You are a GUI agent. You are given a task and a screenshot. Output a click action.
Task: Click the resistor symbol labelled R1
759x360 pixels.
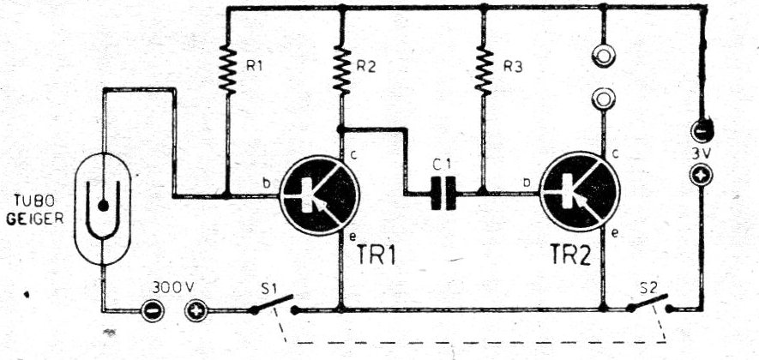coord(227,69)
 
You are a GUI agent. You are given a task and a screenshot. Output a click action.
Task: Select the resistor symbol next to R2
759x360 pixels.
coord(341,70)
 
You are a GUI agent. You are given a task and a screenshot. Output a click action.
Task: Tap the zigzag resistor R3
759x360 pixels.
coord(484,70)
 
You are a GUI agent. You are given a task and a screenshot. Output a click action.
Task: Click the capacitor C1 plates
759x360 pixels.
coord(443,194)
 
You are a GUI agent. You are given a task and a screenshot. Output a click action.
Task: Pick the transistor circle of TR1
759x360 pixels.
coord(320,195)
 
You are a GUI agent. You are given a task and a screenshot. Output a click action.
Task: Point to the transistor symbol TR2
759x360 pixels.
coord(580,191)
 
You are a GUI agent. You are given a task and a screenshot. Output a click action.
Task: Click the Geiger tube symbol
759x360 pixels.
coord(103,208)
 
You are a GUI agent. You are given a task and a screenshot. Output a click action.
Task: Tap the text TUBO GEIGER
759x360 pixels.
coord(35,209)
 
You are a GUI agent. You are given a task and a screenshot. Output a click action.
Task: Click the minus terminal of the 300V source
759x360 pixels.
coord(152,311)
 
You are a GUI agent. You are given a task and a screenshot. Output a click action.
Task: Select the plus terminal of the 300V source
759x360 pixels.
coord(196,311)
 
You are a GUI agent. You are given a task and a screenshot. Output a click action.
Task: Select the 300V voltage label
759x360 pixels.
coord(173,287)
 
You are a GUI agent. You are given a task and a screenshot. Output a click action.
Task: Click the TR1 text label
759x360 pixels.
coord(376,255)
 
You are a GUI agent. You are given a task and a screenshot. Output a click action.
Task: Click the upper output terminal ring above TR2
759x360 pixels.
coord(604,57)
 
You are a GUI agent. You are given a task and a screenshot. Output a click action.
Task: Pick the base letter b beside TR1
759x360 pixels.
coord(266,183)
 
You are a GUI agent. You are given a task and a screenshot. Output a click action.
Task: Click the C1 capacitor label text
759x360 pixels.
coord(442,165)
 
